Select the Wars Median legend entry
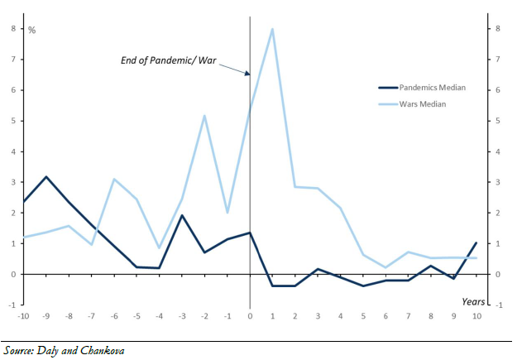[421, 103]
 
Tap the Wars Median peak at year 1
[272, 29]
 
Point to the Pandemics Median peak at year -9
[46, 177]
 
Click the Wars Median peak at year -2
[204, 115]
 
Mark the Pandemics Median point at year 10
[476, 242]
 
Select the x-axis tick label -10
[23, 316]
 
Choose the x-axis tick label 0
[250, 316]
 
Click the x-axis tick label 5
[362, 316]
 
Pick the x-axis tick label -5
[136, 316]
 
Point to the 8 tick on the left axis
[12, 28]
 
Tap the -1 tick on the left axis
[12, 305]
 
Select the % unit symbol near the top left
[32, 31]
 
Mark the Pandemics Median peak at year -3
[182, 215]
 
